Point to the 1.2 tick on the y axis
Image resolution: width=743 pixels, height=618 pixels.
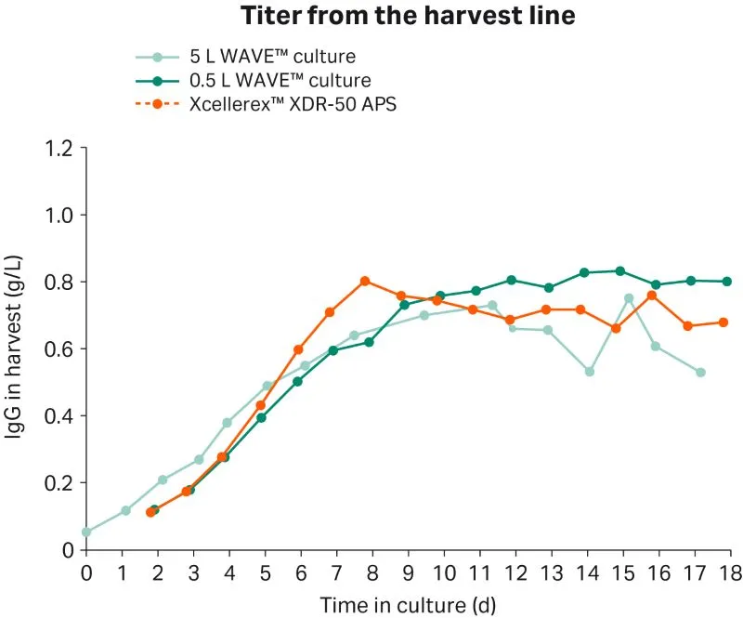[60, 148]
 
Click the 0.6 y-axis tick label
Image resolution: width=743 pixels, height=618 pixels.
[60, 348]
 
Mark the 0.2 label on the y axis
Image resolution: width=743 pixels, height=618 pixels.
[60, 482]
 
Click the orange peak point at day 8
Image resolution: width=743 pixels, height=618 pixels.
[365, 281]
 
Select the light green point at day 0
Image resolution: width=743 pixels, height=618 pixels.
[86, 533]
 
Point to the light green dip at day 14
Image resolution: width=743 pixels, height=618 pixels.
[589, 372]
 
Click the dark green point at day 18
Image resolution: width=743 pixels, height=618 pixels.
[727, 282]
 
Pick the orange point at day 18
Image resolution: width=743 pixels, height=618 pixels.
[723, 322]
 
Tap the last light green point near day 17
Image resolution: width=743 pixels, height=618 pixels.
[700, 373]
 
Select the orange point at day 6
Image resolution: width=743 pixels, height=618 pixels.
[298, 349]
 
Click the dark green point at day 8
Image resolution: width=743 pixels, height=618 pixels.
[369, 342]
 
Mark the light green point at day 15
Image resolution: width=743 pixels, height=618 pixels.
[629, 298]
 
